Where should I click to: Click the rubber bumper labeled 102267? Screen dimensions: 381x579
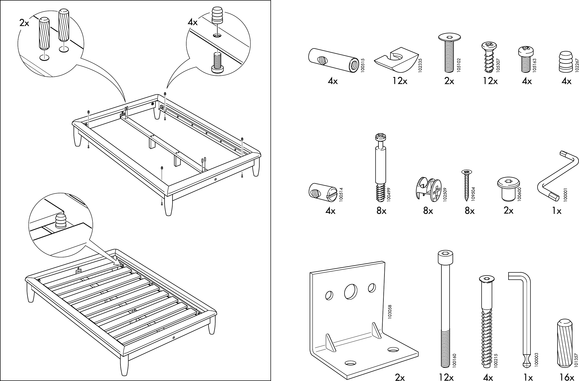(566, 62)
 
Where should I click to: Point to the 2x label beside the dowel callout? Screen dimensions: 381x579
(24, 23)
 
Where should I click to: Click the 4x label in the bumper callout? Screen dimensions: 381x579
(193, 23)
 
